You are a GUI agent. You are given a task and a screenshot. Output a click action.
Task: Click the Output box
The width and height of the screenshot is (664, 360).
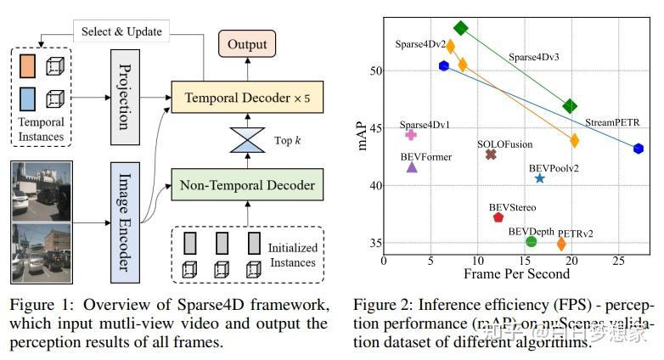[246, 44]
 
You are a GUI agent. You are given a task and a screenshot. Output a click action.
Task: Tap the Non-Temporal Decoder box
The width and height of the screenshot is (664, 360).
[246, 184]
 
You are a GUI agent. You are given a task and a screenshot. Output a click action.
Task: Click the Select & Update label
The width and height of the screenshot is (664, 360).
[121, 31]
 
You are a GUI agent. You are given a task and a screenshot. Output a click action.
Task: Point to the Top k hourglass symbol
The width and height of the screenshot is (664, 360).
[248, 140]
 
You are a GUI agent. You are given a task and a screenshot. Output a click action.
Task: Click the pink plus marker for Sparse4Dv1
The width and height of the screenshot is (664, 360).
[411, 134]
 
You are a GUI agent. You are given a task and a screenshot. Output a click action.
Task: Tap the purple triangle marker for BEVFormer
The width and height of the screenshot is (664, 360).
[412, 167]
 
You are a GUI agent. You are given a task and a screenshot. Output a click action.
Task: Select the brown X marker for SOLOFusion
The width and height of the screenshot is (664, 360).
[491, 155]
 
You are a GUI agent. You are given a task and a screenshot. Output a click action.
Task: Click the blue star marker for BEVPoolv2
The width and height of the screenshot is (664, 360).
[540, 178]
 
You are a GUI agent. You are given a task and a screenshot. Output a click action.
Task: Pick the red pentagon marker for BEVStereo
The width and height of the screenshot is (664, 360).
[498, 217]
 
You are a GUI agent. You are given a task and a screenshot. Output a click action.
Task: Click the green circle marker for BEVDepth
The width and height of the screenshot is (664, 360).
[532, 242]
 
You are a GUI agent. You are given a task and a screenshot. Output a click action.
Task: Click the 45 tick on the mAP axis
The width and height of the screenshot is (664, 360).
[374, 128]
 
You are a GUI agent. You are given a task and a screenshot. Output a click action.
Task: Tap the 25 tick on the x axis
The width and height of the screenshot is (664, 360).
[620, 261]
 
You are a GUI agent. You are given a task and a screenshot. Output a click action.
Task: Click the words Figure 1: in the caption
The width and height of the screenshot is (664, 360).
[37, 305]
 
